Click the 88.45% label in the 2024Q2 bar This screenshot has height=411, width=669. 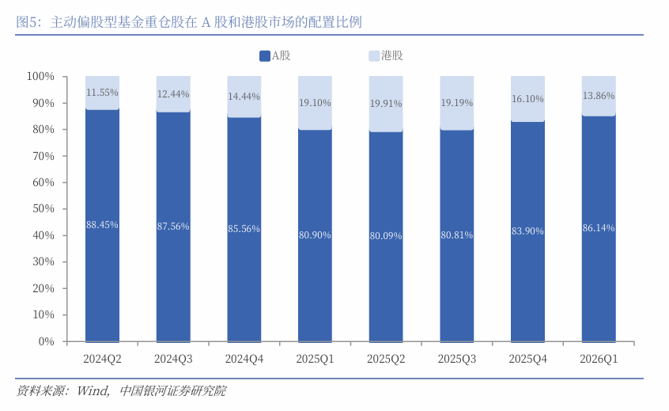pyautogui.click(x=102, y=225)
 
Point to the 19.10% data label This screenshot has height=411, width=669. pyautogui.click(x=315, y=102)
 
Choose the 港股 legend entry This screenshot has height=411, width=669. pyautogui.click(x=385, y=55)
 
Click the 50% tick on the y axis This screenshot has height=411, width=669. pyautogui.click(x=41, y=209)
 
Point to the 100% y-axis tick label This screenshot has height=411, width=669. pyautogui.click(x=39, y=77)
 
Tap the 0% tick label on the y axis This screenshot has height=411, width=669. pyautogui.click(x=45, y=341)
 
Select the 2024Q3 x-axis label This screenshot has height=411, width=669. pyautogui.click(x=173, y=359)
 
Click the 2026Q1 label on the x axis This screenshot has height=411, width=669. pyautogui.click(x=599, y=359)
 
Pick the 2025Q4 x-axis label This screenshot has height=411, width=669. pyautogui.click(x=527, y=359)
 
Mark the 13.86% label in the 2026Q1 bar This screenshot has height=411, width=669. pyautogui.click(x=599, y=95)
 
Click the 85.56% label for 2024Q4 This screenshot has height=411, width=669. pyautogui.click(x=244, y=228)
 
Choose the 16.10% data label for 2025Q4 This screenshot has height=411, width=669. pyautogui.click(x=527, y=99)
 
